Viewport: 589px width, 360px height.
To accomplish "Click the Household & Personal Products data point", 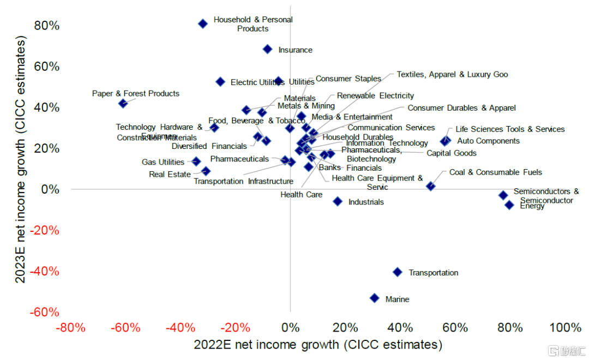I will (203, 23).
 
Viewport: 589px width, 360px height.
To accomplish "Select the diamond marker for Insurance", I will (267, 49).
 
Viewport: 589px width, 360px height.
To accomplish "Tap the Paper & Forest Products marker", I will (123, 103).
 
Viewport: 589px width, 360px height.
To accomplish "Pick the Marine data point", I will (375, 298).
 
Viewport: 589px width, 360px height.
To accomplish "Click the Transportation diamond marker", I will (398, 272).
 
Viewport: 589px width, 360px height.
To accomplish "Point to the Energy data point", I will (509, 205).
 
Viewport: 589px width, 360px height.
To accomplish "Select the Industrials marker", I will (338, 201).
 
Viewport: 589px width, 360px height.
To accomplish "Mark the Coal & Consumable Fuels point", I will (431, 186).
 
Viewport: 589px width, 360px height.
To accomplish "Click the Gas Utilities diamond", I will (196, 161).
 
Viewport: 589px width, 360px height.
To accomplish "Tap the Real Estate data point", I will (206, 171).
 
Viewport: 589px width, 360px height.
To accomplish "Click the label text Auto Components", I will (488, 141).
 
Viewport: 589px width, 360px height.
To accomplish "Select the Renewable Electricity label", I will (375, 96).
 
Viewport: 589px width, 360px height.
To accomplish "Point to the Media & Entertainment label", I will (352, 117).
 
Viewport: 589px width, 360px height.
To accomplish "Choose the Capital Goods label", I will (451, 153).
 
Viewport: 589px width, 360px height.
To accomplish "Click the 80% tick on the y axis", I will (47, 26).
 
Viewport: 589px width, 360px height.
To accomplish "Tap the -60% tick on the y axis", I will (46, 312).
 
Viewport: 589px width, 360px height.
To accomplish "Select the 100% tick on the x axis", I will (565, 328).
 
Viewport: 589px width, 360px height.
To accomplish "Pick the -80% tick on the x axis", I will (70, 328).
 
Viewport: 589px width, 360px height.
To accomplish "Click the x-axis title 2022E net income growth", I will (318, 345).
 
